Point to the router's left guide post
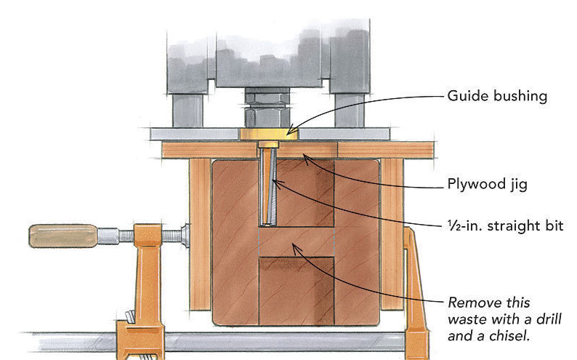point(187,108)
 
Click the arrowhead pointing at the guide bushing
point(290,132)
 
